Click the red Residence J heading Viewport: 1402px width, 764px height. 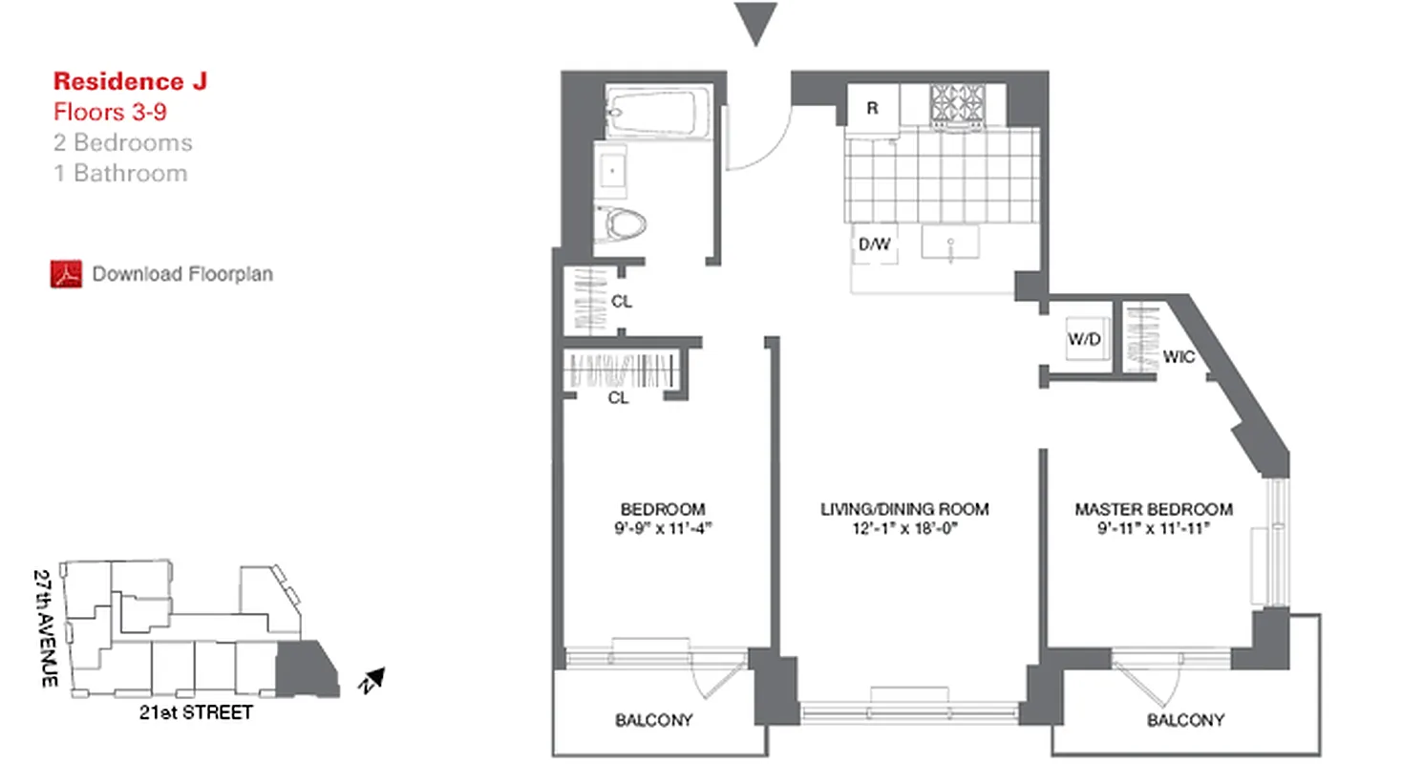[x=130, y=81]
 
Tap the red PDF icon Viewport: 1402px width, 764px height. [x=65, y=274]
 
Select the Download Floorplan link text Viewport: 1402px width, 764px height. [x=182, y=274]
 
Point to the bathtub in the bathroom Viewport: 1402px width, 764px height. [x=660, y=113]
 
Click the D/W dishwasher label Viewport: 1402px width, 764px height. [x=874, y=244]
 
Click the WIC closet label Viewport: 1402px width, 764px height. [x=1179, y=357]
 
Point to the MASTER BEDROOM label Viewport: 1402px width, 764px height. [x=1153, y=509]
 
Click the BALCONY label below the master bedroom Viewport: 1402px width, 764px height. [x=1186, y=720]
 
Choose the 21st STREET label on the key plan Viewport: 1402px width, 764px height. [x=197, y=712]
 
